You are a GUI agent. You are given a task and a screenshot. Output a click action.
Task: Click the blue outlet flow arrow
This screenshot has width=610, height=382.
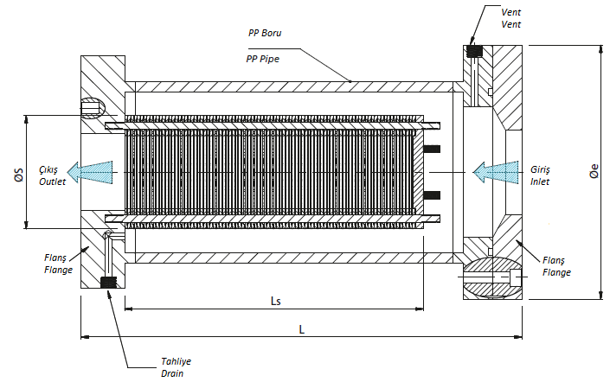pos(90,172)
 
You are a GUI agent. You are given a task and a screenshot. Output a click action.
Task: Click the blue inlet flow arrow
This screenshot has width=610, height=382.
pos(496,172)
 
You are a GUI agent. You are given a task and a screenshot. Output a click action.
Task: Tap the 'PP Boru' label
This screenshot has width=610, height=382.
pos(265,33)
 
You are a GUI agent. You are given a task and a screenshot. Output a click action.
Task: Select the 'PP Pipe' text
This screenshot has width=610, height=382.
pos(262,59)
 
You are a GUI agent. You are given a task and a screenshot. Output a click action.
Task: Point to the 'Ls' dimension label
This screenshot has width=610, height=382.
pos(275,301)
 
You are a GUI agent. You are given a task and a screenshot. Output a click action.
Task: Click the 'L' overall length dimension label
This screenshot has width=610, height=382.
pos(301,329)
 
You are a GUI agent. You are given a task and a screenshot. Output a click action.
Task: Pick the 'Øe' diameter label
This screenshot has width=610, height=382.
pos(594,171)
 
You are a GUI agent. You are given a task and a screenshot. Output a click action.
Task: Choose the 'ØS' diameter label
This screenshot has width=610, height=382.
pos(19,175)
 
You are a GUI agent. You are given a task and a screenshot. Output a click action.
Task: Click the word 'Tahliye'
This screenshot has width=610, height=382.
pos(177,362)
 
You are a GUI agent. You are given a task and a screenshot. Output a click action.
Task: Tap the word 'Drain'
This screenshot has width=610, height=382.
pos(172,373)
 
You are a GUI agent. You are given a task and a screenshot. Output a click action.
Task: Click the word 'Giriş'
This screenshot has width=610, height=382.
pos(541,170)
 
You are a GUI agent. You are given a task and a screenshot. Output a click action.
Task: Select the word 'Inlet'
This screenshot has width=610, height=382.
pos(540,181)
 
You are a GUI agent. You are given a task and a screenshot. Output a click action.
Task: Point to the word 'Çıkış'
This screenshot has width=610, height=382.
pos(48,170)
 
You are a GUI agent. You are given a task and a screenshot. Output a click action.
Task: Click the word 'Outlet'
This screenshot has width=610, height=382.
pos(52,181)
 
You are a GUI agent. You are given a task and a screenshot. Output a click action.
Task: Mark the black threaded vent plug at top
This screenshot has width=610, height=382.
pos(474,51)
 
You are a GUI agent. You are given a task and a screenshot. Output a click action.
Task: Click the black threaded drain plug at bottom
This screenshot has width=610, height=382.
pos(108,283)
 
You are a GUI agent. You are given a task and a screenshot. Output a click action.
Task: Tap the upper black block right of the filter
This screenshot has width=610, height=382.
pos(432,149)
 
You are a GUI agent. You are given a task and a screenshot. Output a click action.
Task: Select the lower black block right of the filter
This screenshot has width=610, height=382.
pos(432,195)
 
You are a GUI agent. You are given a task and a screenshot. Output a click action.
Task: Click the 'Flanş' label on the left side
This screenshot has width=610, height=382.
pos(55,258)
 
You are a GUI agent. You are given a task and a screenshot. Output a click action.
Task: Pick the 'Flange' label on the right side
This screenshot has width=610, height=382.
pos(556,273)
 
